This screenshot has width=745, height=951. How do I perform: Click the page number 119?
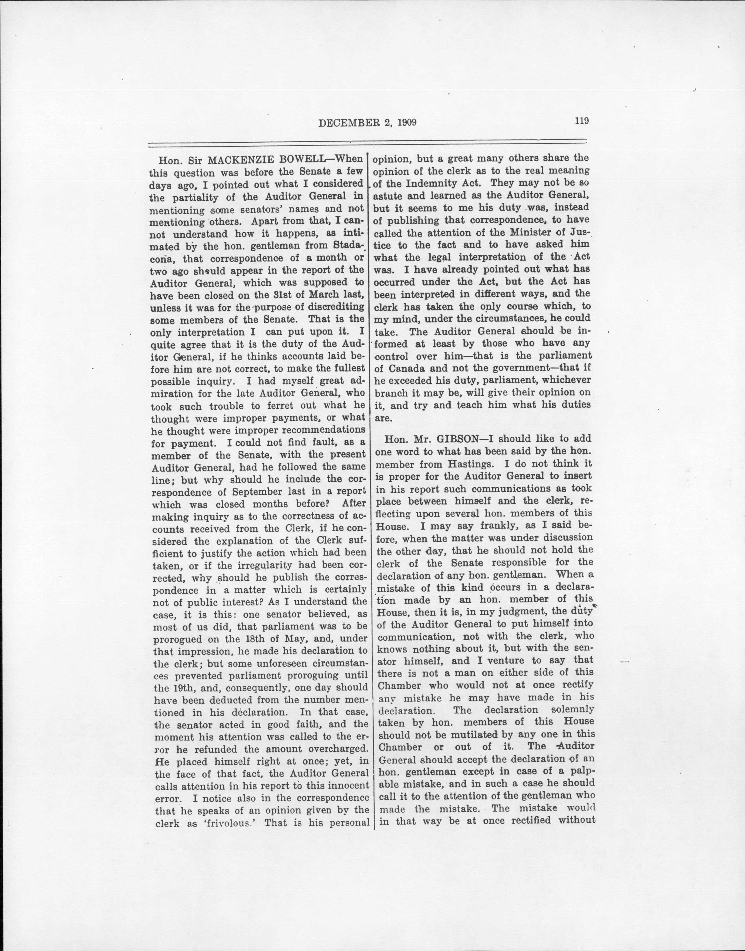pyautogui.click(x=582, y=121)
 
